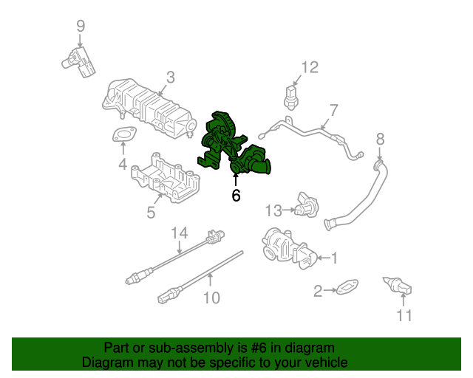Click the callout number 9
(x=81, y=27)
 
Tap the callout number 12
(x=309, y=68)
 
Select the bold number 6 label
(x=236, y=196)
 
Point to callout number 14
(x=180, y=234)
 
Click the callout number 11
(x=403, y=316)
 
